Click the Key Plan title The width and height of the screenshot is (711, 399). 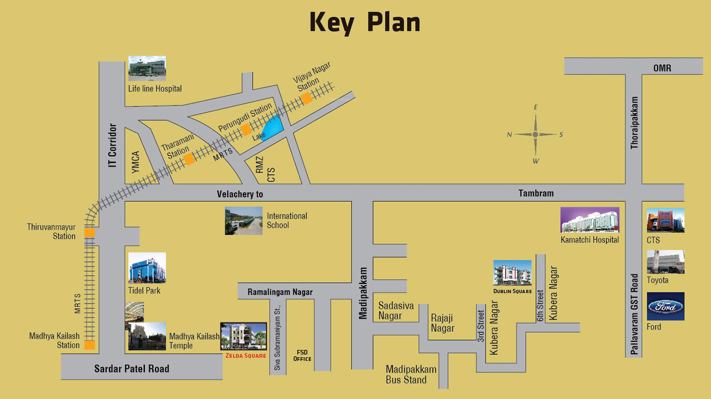pyautogui.click(x=365, y=23)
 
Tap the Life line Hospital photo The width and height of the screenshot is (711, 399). pyautogui.click(x=147, y=68)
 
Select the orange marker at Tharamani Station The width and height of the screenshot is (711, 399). pyautogui.click(x=189, y=159)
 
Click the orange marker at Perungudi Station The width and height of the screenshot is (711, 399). pyautogui.click(x=246, y=129)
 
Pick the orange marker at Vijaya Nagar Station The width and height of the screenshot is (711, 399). pyautogui.click(x=306, y=98)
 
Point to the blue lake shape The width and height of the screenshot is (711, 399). pyautogui.click(x=273, y=128)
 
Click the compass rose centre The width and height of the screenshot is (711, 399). pyautogui.click(x=535, y=135)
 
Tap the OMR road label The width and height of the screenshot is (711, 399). pyautogui.click(x=662, y=68)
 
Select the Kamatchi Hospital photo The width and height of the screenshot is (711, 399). pyautogui.click(x=590, y=220)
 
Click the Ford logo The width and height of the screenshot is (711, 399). pyautogui.click(x=666, y=306)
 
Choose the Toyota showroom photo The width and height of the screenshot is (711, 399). pyautogui.click(x=666, y=262)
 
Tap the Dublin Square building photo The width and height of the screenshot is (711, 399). pyautogui.click(x=512, y=273)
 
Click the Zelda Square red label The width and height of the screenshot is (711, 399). pyautogui.click(x=244, y=356)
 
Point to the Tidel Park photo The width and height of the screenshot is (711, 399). pyautogui.click(x=147, y=268)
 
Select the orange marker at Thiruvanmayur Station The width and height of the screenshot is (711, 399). pyautogui.click(x=89, y=233)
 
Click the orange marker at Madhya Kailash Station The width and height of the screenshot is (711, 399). pyautogui.click(x=89, y=345)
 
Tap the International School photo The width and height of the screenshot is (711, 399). pyautogui.click(x=244, y=220)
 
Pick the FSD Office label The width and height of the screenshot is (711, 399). pyautogui.click(x=302, y=356)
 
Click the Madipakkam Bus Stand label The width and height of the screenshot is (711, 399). pyautogui.click(x=411, y=374)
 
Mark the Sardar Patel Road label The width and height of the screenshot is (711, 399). pyautogui.click(x=132, y=369)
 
